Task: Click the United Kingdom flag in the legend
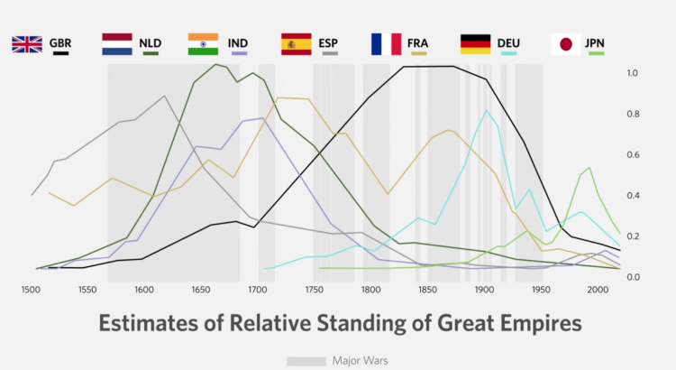[x=27, y=43]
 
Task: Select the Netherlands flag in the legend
[x=117, y=43]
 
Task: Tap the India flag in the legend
[x=203, y=43]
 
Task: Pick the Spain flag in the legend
[x=297, y=43]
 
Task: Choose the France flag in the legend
[x=386, y=43]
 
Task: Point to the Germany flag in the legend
[x=475, y=43]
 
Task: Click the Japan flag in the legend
[x=565, y=43]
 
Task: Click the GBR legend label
[x=60, y=42]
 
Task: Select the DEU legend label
[x=509, y=42]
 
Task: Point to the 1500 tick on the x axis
[x=30, y=290]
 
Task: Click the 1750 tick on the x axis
[x=315, y=290]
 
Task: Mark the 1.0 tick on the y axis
[x=633, y=73]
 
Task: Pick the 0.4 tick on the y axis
[x=633, y=195]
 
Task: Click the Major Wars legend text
[x=360, y=361]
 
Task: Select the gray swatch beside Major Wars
[x=306, y=361]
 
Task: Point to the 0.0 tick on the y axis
[x=633, y=276]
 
